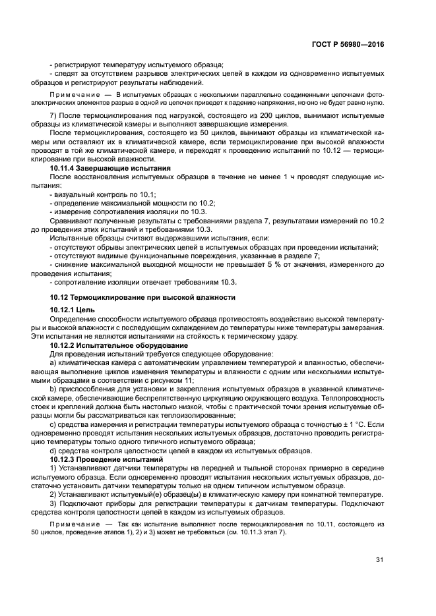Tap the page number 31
(379, 560)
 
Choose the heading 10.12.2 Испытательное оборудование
(119, 345)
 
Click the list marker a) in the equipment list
(53, 363)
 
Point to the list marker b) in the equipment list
(53, 389)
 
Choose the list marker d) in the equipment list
(53, 450)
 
